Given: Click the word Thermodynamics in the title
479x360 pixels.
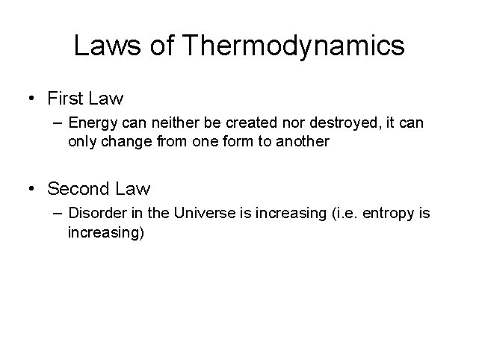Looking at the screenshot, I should tap(294, 46).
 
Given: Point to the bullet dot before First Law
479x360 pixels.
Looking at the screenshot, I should tap(32, 99).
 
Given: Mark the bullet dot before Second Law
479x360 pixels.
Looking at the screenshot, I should tap(32, 189).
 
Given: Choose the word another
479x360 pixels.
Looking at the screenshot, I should tap(303, 141).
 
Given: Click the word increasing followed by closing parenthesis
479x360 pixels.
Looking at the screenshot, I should tap(105, 232).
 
